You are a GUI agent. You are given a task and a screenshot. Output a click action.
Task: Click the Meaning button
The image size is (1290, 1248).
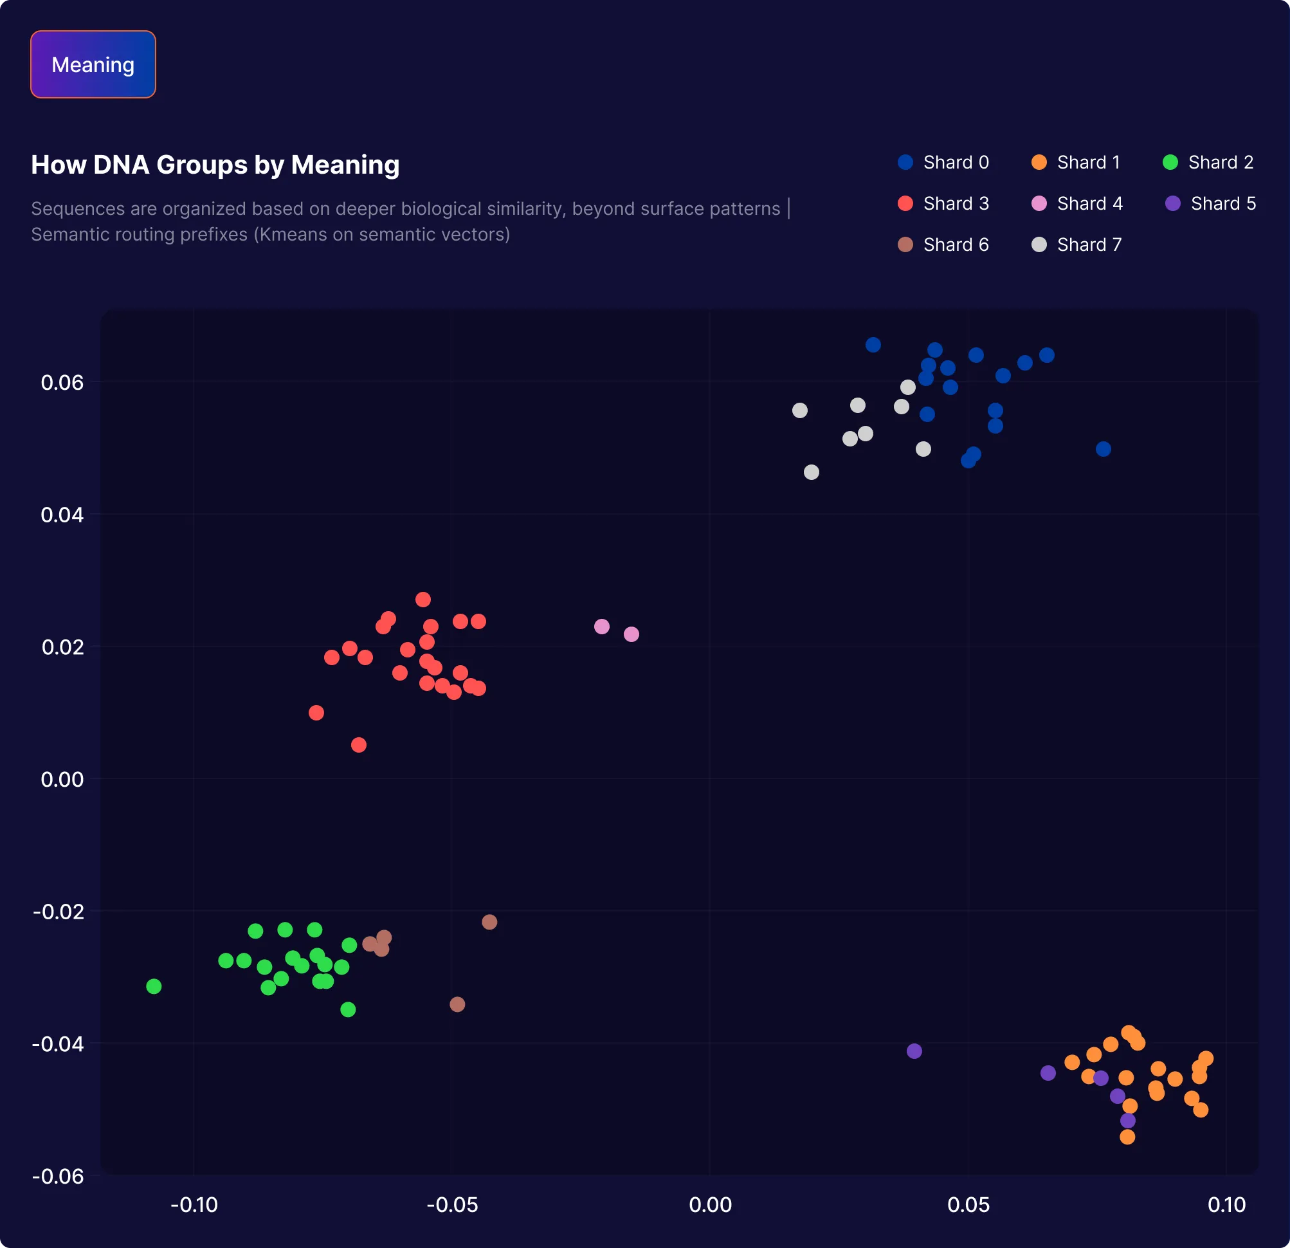click(x=93, y=64)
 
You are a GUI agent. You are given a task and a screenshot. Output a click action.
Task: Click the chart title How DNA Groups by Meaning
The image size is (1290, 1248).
click(x=215, y=165)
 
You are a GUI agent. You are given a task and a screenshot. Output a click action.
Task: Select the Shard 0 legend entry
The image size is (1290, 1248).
click(x=943, y=163)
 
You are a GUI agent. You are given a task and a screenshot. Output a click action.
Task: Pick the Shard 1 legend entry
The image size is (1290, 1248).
click(x=1075, y=163)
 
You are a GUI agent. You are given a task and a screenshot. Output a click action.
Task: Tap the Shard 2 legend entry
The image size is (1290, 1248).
click(x=1208, y=163)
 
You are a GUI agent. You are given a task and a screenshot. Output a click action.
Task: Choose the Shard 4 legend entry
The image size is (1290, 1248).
click(x=1077, y=203)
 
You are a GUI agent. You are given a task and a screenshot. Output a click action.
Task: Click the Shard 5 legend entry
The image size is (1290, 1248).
click(x=1210, y=203)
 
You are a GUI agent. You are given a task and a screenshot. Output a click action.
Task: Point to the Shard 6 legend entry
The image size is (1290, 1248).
click(x=943, y=245)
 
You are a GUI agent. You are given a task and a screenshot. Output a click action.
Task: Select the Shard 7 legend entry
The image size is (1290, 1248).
click(x=1077, y=245)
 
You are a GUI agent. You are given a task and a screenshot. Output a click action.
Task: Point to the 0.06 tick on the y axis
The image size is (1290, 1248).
click(x=62, y=382)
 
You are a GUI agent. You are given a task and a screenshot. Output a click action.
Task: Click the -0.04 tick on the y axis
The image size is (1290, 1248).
click(x=58, y=1044)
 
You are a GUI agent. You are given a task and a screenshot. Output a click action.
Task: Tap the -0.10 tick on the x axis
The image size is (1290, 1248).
click(x=194, y=1204)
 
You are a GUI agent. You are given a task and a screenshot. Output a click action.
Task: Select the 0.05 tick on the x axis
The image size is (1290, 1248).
click(x=968, y=1204)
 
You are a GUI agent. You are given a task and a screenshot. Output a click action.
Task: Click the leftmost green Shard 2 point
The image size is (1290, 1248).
click(x=154, y=986)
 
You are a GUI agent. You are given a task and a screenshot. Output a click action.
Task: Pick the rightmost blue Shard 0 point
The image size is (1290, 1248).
click(x=1103, y=449)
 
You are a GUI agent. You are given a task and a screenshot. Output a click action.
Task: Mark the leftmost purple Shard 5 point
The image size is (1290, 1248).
click(x=914, y=1051)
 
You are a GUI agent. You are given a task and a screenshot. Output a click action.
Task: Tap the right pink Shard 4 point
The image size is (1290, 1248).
click(x=631, y=634)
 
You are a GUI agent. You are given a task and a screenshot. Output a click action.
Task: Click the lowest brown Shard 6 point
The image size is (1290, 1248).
click(x=457, y=1004)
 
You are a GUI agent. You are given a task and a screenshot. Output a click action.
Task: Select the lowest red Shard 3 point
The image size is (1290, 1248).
click(x=359, y=745)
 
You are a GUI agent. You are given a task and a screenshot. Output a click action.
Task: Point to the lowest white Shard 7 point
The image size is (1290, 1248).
click(x=812, y=472)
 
